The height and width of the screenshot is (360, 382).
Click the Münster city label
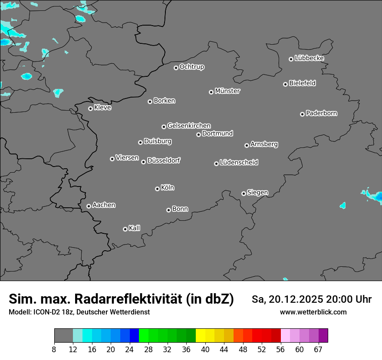point(227,91)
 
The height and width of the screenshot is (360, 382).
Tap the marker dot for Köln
point(157,189)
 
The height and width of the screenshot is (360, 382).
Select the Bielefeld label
point(303,83)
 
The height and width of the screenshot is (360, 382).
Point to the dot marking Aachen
point(89,206)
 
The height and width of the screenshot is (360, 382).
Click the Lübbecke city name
point(310,58)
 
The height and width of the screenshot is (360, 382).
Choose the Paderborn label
point(322,113)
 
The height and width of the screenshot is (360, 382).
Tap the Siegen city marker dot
point(244,193)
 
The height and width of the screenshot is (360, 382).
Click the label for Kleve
point(103,108)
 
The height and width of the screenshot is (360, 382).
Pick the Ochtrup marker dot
point(176,68)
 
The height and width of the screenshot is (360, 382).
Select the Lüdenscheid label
point(239,163)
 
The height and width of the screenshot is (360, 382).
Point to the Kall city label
point(135,228)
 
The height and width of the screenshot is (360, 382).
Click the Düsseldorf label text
point(164,160)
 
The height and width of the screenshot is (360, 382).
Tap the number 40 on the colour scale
point(205,349)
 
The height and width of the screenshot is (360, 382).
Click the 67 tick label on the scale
point(318,349)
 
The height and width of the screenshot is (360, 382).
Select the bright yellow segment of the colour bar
point(200,336)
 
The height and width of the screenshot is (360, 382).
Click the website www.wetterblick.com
point(313,312)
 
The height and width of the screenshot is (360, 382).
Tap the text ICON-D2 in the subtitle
point(46,312)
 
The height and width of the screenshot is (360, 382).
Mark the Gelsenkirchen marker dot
point(164,127)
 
